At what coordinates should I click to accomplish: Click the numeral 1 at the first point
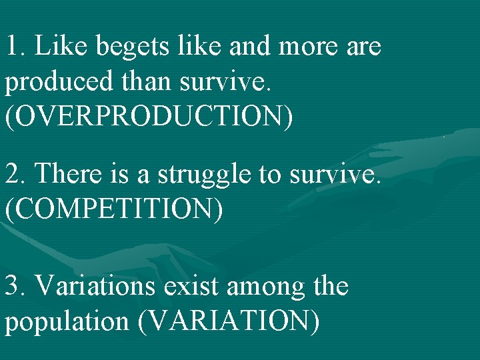13,47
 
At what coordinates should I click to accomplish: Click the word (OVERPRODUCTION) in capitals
149,117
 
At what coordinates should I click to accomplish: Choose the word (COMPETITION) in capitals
114,209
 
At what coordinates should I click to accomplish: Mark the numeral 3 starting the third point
13,287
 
